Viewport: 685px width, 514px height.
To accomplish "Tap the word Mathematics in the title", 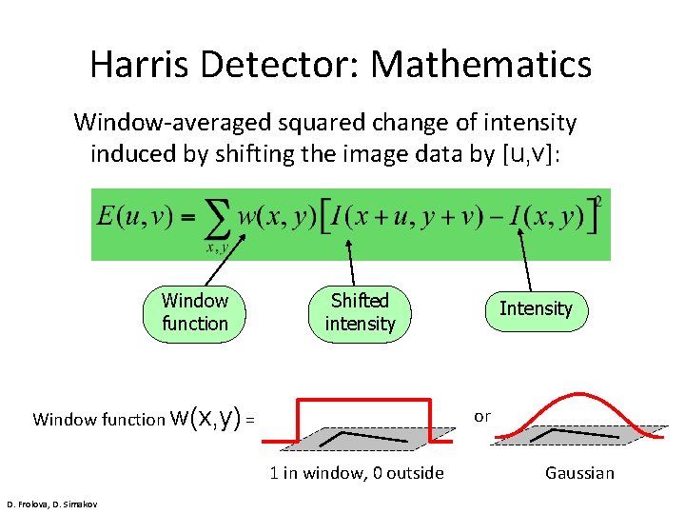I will (x=481, y=65).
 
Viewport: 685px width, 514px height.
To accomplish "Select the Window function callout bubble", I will (x=195, y=312).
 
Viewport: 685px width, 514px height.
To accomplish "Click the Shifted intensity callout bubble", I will (x=360, y=312).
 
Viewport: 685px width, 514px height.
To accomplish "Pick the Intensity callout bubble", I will (x=536, y=309).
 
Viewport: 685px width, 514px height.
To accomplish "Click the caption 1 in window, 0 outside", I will (x=357, y=473).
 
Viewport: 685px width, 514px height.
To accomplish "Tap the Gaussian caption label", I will (x=579, y=473).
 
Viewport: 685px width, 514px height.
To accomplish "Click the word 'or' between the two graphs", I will (x=482, y=416).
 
